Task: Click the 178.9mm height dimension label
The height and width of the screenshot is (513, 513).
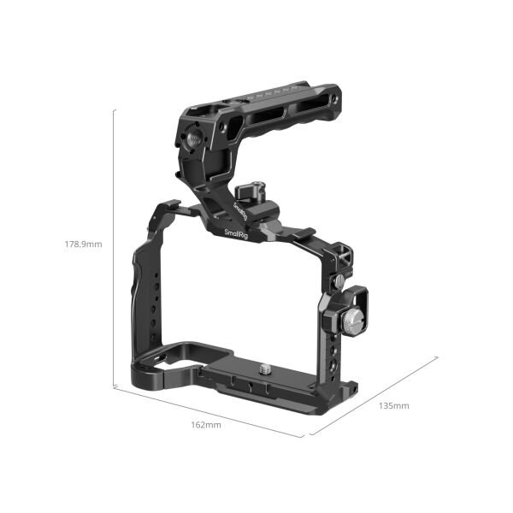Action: [x=85, y=244]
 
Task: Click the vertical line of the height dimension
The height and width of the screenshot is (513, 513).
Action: [x=115, y=248]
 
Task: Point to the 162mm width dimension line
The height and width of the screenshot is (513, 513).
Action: [x=209, y=413]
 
